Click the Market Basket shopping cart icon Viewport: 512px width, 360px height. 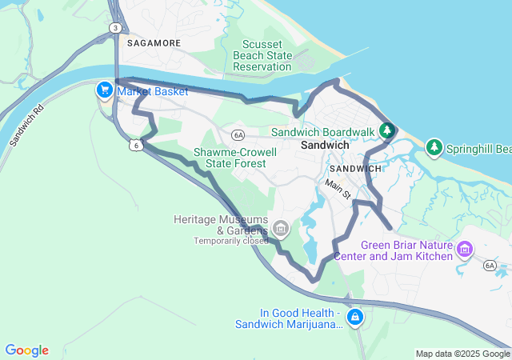pyautogui.click(x=104, y=90)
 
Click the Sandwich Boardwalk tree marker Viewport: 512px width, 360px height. pyautogui.click(x=387, y=130)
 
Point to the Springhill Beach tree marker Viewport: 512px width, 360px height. pyautogui.click(x=434, y=147)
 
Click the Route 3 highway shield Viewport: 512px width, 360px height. pyautogui.click(x=116, y=28)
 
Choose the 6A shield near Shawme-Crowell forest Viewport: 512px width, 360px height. pyautogui.click(x=238, y=134)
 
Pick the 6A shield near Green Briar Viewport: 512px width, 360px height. pyautogui.click(x=490, y=264)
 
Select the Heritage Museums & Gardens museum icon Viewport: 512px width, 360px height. pyautogui.click(x=280, y=230)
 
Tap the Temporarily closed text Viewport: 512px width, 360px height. pyautogui.click(x=230, y=240)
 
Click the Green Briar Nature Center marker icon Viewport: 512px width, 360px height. pyautogui.click(x=464, y=250)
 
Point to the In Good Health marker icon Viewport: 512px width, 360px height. pyautogui.click(x=355, y=318)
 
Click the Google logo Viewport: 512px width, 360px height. pyautogui.click(x=26, y=350)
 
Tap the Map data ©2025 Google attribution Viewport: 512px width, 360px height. pyautogui.click(x=462, y=354)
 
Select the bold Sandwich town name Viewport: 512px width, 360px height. pyautogui.click(x=325, y=146)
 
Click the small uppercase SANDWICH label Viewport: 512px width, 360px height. pyautogui.click(x=355, y=169)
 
